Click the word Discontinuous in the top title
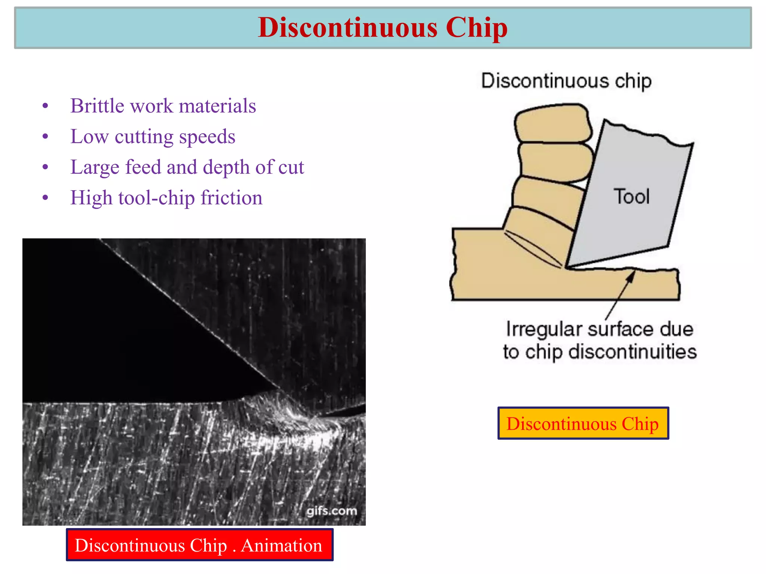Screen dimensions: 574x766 [347, 28]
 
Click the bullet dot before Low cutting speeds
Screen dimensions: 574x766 [45, 137]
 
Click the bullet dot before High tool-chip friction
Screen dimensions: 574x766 [45, 198]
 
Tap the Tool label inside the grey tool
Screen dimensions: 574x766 [631, 197]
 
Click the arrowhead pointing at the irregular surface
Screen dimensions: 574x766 [631, 277]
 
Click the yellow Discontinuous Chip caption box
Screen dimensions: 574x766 [583, 423]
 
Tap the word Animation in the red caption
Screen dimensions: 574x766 [281, 545]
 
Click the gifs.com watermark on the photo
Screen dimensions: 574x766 [332, 511]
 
